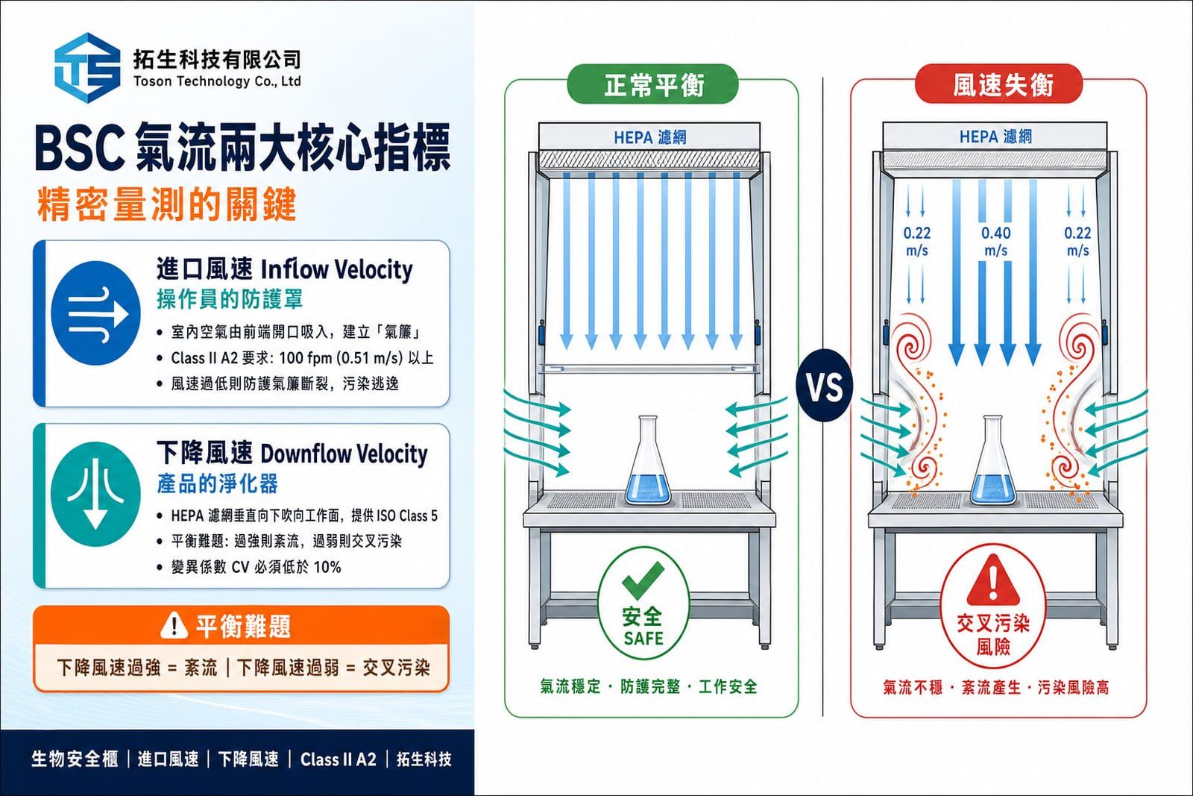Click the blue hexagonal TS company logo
click(x=87, y=68)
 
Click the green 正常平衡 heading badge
click(x=652, y=84)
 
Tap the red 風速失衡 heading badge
click(x=998, y=84)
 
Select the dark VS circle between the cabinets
click(x=825, y=386)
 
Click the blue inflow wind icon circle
click(x=96, y=313)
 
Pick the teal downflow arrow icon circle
click(x=96, y=495)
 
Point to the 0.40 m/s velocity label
click(x=996, y=242)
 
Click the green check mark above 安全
click(x=643, y=580)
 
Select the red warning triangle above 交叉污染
click(x=993, y=580)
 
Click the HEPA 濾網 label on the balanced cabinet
click(x=649, y=137)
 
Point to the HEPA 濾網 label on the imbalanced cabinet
click(x=995, y=137)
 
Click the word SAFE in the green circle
click(x=643, y=639)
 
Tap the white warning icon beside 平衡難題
click(x=174, y=625)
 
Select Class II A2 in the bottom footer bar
click(x=339, y=759)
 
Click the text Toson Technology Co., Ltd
click(x=217, y=81)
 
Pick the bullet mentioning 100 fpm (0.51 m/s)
click(x=295, y=357)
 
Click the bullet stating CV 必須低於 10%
click(x=249, y=567)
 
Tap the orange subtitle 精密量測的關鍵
click(x=167, y=204)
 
